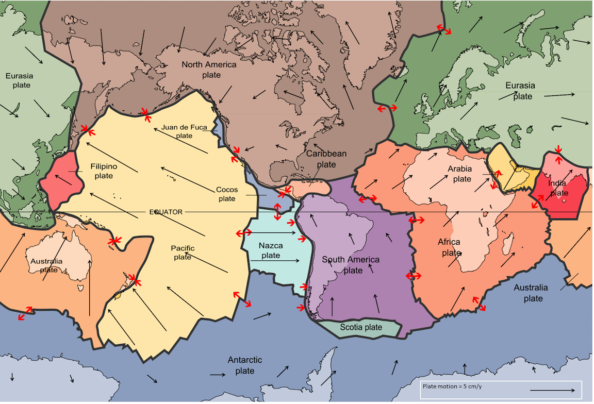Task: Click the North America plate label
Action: (x=209, y=70)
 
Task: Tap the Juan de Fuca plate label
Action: (x=177, y=131)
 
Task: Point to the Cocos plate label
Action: (x=226, y=194)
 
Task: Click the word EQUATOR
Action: (x=166, y=212)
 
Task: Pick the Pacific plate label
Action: (x=183, y=252)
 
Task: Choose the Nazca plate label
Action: (x=270, y=250)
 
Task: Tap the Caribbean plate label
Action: (x=326, y=159)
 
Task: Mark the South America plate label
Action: (x=351, y=265)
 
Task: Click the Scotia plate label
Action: (x=361, y=327)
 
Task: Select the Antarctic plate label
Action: (x=245, y=365)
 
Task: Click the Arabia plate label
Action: (x=459, y=174)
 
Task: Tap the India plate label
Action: (x=557, y=188)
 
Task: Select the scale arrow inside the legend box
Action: (x=552, y=390)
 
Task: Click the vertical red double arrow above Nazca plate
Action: (x=277, y=211)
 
